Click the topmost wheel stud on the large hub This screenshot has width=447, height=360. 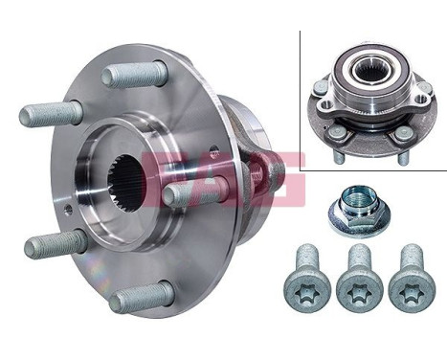(x=135, y=74)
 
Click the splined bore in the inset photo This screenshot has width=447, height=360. (x=369, y=71)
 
